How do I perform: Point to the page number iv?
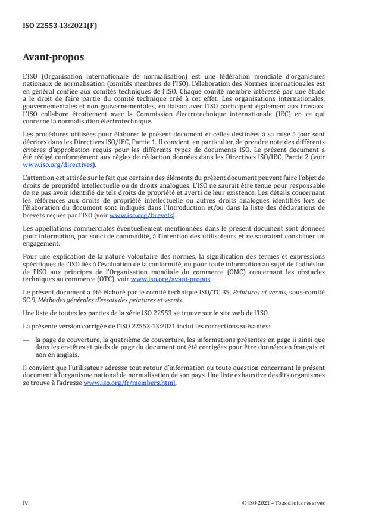coord(26,502)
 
